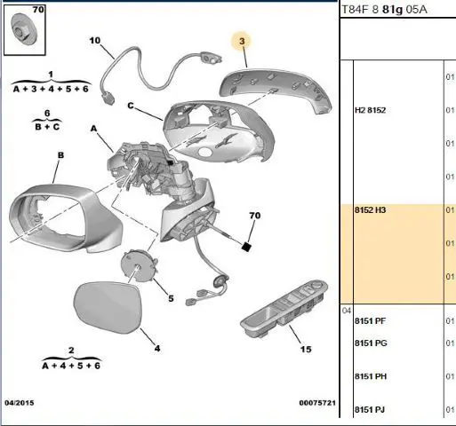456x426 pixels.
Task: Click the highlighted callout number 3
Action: tap(242, 41)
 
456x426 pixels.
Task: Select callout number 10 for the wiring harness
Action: tap(95, 41)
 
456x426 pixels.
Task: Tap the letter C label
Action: tap(131, 106)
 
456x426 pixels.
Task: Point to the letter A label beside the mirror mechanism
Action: tap(93, 129)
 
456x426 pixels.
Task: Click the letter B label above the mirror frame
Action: tap(60, 155)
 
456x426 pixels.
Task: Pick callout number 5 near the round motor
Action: tap(171, 298)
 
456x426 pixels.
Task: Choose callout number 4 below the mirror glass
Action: tap(157, 349)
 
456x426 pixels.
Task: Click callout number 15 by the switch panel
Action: tap(306, 350)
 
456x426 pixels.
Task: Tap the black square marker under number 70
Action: tap(246, 247)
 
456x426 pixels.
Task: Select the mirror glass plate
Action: tap(108, 307)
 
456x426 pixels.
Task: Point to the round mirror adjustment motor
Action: tap(139, 266)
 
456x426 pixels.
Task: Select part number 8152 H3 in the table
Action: tap(371, 210)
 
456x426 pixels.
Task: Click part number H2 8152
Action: tap(371, 110)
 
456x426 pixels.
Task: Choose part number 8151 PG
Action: tap(371, 343)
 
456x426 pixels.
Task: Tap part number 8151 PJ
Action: tap(370, 410)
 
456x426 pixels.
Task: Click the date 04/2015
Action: tap(20, 403)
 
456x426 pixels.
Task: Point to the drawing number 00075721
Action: tap(317, 403)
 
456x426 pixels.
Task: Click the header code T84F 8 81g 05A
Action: tap(385, 10)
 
